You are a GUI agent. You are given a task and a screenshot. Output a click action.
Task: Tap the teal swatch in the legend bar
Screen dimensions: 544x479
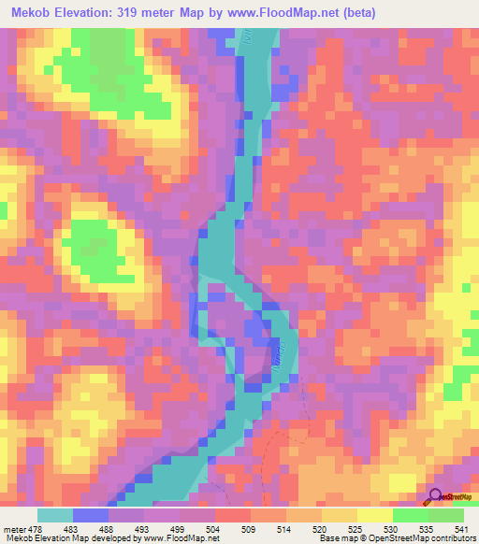coord(55,515)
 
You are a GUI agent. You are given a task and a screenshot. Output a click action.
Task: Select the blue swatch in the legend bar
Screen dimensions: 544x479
coord(91,515)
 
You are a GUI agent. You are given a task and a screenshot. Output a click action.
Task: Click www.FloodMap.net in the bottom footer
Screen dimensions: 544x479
coord(171,538)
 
